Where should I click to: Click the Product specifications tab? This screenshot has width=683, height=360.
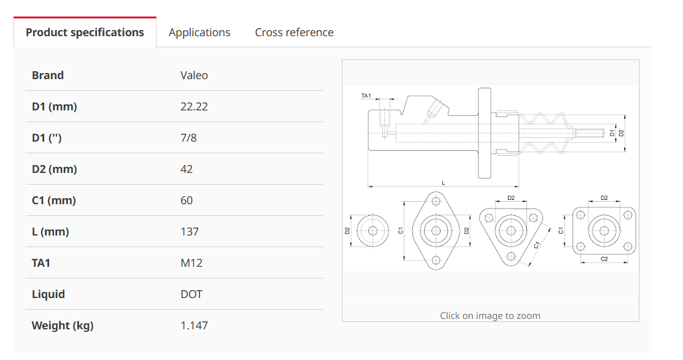(x=85, y=33)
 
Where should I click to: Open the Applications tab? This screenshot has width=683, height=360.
(x=199, y=33)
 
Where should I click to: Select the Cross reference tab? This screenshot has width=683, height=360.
(x=294, y=33)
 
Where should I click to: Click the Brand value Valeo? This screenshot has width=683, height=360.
(x=194, y=75)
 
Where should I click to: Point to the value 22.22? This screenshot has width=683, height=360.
(x=194, y=107)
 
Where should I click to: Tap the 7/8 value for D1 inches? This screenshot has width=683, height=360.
(x=188, y=138)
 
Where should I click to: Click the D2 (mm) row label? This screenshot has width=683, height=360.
(x=55, y=169)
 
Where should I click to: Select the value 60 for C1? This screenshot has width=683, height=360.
(x=187, y=201)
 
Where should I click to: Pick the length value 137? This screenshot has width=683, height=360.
(x=190, y=232)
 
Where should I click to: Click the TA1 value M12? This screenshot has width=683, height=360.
(x=191, y=263)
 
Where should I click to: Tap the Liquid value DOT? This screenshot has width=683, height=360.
(x=191, y=295)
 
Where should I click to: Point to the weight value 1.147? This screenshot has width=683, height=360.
(x=194, y=326)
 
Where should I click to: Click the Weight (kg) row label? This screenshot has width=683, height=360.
(x=63, y=326)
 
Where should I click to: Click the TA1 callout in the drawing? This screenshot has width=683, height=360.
(x=366, y=96)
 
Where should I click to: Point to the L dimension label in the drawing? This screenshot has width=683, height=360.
(x=444, y=183)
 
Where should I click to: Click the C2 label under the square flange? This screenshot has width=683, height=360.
(x=604, y=259)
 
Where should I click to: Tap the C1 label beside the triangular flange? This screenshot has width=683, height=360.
(x=536, y=245)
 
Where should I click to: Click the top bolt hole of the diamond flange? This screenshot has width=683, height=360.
(x=436, y=202)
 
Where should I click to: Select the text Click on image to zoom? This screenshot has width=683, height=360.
(x=490, y=316)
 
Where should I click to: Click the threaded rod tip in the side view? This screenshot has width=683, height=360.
(x=603, y=132)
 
